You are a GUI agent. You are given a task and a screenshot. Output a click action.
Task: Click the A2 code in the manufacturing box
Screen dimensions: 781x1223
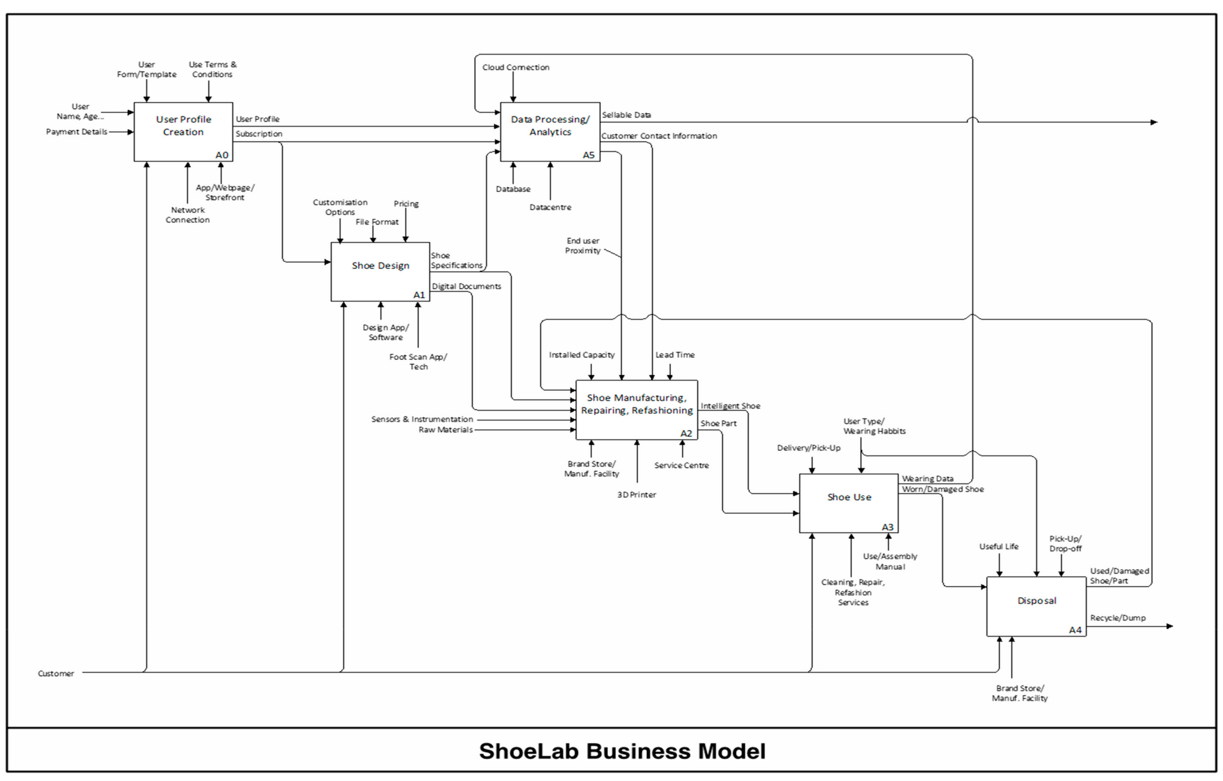[686, 433]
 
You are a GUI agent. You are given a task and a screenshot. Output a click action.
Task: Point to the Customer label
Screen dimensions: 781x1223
[56, 673]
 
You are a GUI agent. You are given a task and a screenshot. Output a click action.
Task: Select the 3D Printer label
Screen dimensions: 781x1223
[636, 495]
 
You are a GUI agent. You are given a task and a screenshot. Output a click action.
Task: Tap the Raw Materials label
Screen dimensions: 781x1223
[445, 429]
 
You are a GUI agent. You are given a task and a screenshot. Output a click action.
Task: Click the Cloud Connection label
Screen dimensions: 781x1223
[516, 67]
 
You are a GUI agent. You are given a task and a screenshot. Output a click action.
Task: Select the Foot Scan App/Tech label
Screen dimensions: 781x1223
[418, 362]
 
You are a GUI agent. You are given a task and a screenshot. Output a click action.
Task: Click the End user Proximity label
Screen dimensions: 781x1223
[583, 245]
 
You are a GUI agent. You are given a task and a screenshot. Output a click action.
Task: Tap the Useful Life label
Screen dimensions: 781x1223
[999, 546]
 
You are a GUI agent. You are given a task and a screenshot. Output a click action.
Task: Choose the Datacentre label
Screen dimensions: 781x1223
[550, 207]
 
